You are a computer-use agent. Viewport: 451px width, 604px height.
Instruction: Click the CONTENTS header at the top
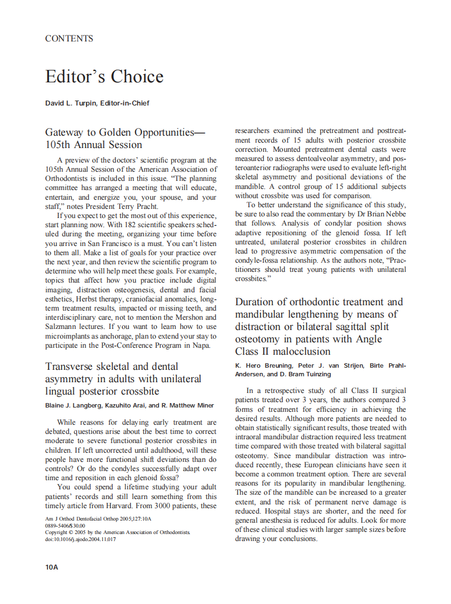click(69, 39)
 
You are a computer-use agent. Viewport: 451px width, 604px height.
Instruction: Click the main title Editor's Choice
click(104, 76)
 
